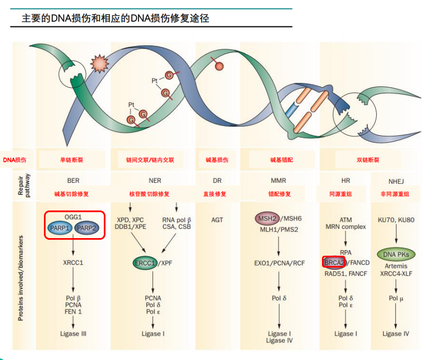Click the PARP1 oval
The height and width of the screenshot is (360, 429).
tap(60, 228)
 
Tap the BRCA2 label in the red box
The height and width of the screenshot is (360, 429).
tap(334, 262)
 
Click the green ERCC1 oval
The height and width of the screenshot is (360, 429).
tap(145, 263)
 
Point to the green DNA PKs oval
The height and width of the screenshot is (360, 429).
tap(395, 254)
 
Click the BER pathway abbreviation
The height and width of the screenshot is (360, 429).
tap(73, 181)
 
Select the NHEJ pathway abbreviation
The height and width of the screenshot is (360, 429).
tap(396, 181)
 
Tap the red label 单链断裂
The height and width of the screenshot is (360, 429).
tap(71, 160)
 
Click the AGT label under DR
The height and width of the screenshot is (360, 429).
tap(217, 220)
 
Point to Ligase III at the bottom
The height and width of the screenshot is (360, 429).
tap(73, 334)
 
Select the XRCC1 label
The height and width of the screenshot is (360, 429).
tap(73, 263)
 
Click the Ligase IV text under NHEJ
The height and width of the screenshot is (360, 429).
tap(396, 334)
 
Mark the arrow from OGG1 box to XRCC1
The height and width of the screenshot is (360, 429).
tap(73, 248)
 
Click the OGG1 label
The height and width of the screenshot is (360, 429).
tap(73, 217)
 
